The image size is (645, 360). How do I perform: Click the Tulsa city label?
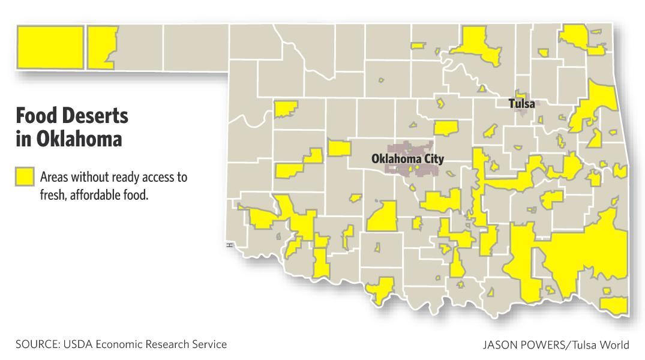(x=521, y=104)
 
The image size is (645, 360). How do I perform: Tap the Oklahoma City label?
(x=407, y=159)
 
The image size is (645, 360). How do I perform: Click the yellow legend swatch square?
(x=25, y=177)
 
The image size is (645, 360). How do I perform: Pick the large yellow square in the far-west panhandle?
(x=50, y=47)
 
